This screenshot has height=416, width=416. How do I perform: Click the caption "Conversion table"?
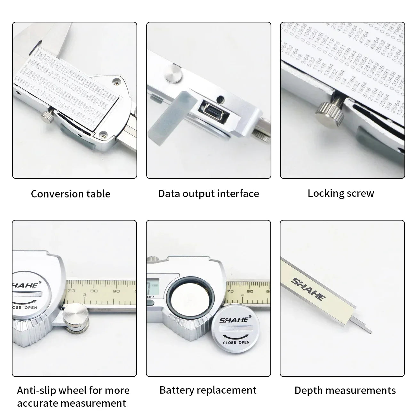(x=70, y=194)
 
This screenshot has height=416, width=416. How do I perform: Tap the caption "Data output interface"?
(x=209, y=194)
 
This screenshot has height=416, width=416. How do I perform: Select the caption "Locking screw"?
(x=341, y=193)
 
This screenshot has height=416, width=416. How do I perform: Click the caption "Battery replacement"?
(x=208, y=390)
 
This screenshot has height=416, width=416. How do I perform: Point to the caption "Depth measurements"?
(x=345, y=390)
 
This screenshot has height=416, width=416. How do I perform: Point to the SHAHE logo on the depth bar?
(x=308, y=289)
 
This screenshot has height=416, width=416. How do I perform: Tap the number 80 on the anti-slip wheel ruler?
(x=94, y=291)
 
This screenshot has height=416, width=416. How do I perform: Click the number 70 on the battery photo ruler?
(x=230, y=292)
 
